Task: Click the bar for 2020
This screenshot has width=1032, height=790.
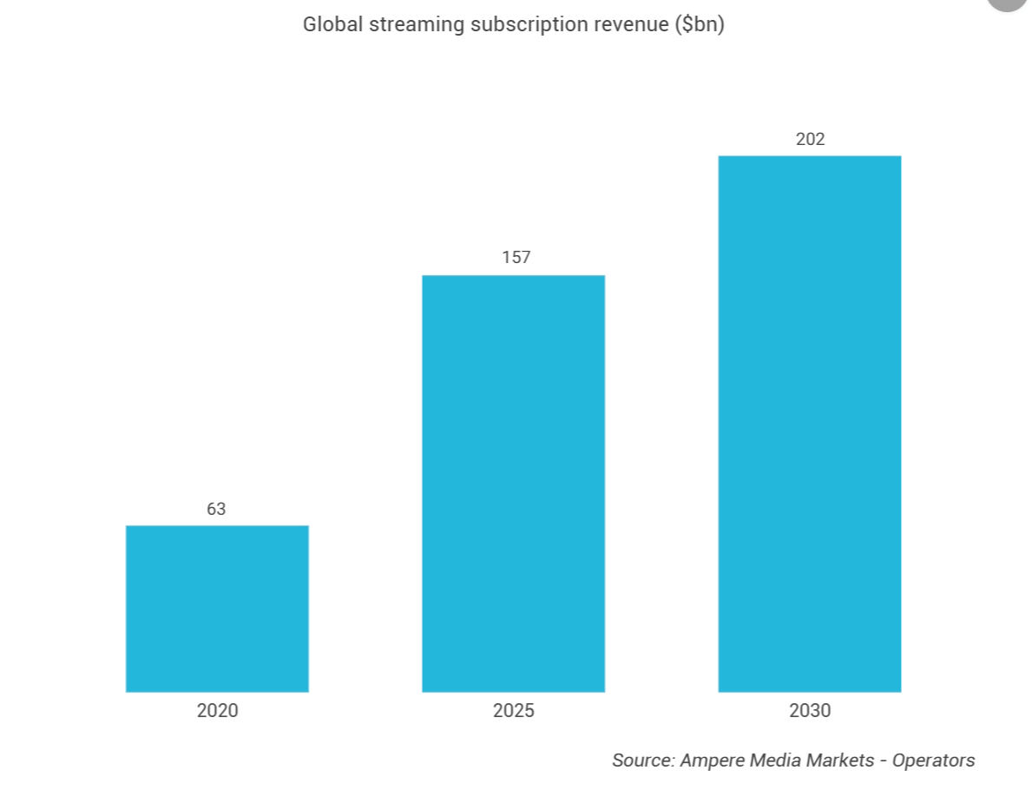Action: tap(217, 609)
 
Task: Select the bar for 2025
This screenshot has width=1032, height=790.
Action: tap(513, 484)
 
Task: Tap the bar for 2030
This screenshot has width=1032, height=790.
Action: tap(810, 424)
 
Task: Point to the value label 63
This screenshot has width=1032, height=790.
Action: tap(216, 509)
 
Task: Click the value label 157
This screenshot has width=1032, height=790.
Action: tap(516, 258)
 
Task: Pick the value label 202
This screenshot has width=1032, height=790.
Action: tap(810, 139)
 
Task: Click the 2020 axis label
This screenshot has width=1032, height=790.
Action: tap(217, 710)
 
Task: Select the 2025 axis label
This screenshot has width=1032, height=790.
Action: tap(513, 710)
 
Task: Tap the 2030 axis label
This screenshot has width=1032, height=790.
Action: tap(810, 710)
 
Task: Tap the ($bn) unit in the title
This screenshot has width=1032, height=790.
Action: tap(700, 25)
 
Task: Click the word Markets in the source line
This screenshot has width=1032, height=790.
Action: tap(840, 760)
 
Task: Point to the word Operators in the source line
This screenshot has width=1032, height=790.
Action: tap(933, 761)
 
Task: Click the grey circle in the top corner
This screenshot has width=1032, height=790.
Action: tap(1007, 3)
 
